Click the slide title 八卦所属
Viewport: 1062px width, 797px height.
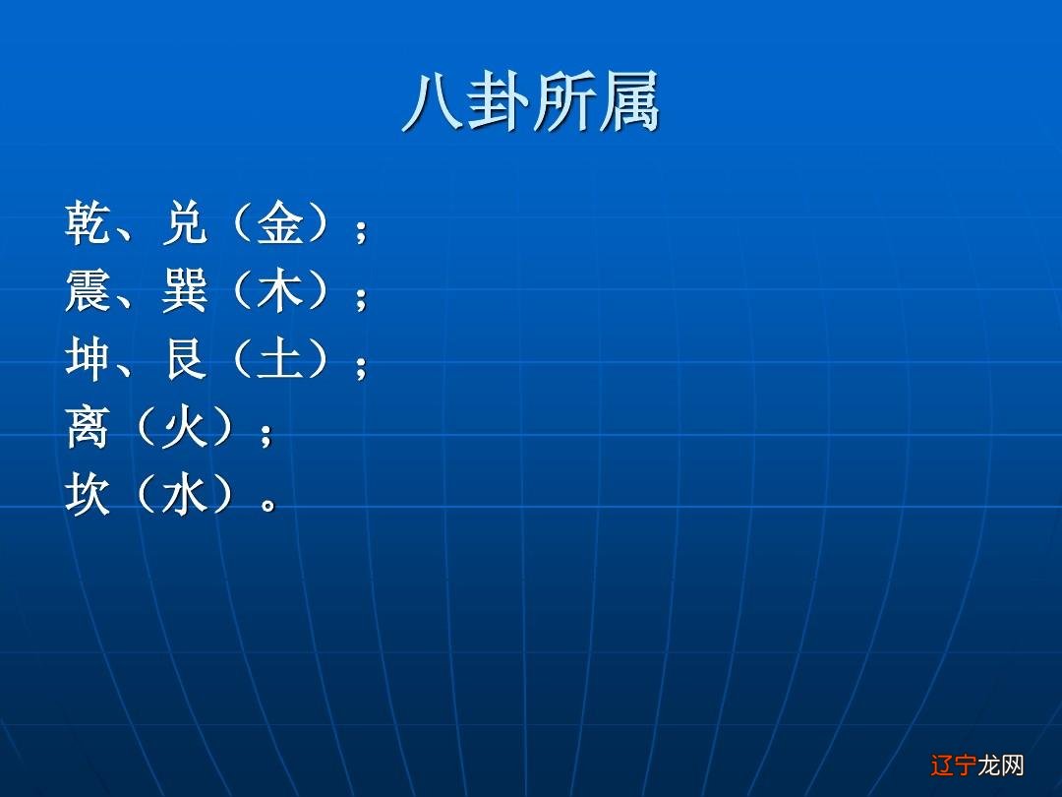coord(531,101)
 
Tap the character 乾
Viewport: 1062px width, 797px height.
coord(88,224)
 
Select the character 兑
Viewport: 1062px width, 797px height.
coord(185,224)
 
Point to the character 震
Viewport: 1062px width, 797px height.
coord(88,292)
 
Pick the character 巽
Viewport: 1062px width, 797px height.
coord(185,292)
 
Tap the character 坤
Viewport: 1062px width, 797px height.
coord(88,360)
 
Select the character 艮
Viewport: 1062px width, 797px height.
coord(185,360)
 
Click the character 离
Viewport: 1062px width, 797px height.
coord(88,428)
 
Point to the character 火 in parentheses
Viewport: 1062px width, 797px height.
coord(184,428)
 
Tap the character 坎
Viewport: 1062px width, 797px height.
coord(88,495)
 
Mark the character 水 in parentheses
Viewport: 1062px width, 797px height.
coord(184,495)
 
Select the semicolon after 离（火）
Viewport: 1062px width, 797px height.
coord(265,434)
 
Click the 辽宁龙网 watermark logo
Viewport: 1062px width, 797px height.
coord(976,765)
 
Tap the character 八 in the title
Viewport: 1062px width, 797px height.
coord(433,101)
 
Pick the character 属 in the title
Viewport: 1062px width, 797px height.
coord(627,101)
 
